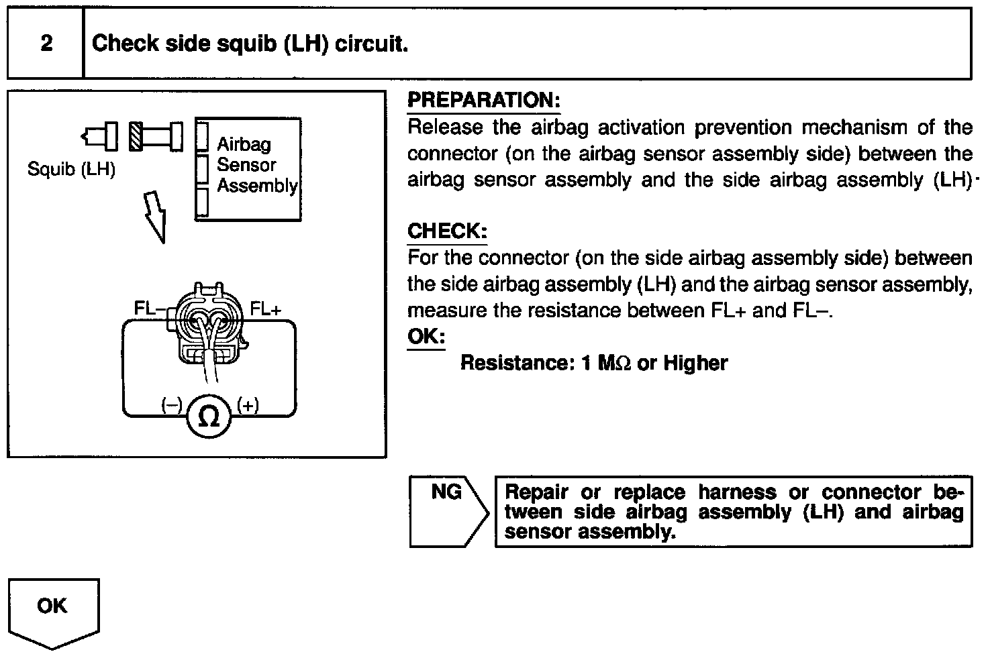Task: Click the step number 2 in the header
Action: click(46, 44)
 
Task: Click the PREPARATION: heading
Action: click(483, 101)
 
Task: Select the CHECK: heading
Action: click(447, 231)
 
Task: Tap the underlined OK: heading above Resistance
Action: click(426, 336)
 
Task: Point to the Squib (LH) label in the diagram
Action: click(71, 169)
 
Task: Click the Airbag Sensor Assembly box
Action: click(248, 168)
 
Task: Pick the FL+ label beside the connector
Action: click(266, 309)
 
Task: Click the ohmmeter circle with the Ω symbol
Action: click(209, 417)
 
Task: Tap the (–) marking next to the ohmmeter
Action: click(171, 404)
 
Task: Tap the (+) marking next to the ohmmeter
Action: click(248, 404)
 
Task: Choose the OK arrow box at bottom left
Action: click(53, 610)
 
